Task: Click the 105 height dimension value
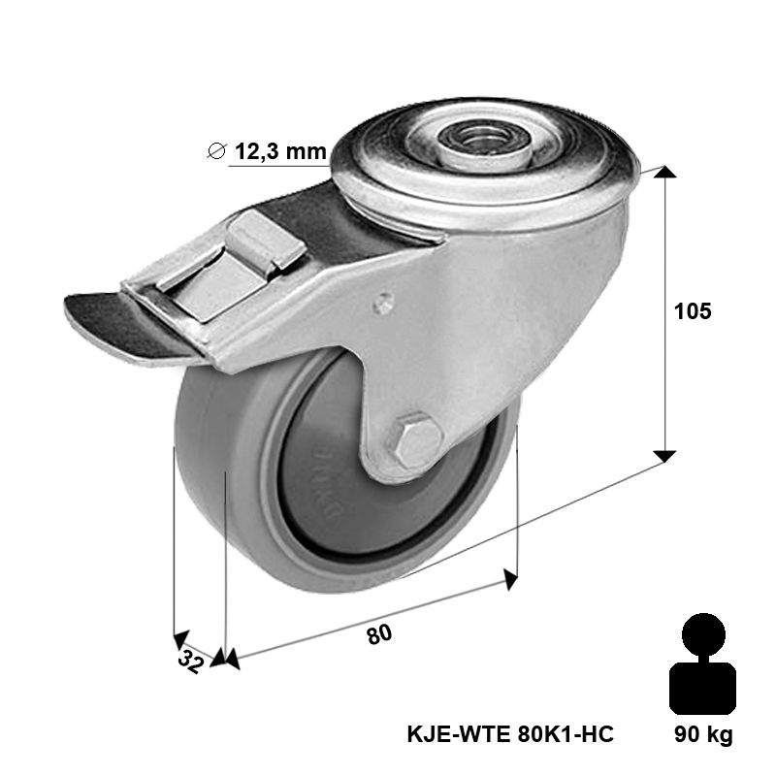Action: click(693, 311)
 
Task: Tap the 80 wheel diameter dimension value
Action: click(379, 634)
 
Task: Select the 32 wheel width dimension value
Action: click(189, 661)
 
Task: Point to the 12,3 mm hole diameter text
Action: click(280, 151)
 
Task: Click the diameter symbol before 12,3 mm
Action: click(216, 151)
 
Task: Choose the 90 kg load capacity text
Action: click(703, 735)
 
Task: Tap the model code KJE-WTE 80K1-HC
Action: click(510, 734)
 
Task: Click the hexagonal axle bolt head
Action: click(419, 439)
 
